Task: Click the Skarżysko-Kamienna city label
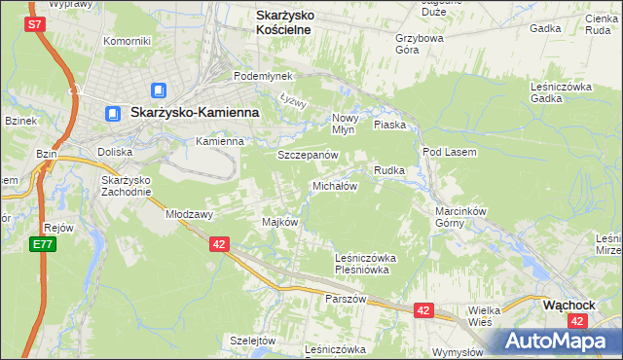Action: point(194,113)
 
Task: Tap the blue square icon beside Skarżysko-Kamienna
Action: point(112,114)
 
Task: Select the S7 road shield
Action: point(35,24)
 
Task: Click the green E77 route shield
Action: point(41,244)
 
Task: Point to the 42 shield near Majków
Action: point(218,245)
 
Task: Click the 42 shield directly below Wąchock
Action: point(578,319)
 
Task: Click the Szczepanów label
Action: point(308,156)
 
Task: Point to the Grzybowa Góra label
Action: point(420,44)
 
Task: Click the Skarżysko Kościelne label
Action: point(296,22)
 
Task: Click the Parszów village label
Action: point(346,299)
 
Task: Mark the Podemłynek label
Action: point(257,76)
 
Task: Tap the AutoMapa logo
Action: point(556,340)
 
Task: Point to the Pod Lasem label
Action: point(448,153)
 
